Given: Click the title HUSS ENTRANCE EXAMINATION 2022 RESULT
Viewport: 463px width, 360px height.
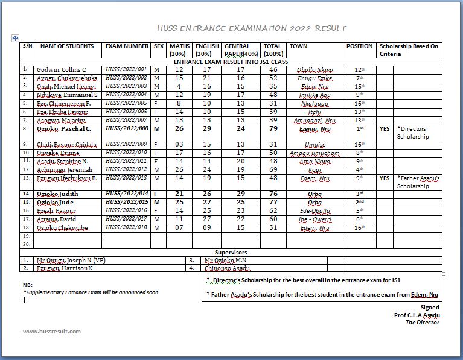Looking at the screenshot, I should pyautogui.click(x=251, y=28).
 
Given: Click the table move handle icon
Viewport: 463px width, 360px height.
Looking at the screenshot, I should pyautogui.click(x=16, y=38).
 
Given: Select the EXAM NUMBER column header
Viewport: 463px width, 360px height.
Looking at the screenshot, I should pyautogui.click(x=127, y=46).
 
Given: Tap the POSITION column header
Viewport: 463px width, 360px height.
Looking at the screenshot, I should pyautogui.click(x=359, y=46).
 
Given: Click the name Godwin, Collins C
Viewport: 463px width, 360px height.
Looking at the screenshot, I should pyautogui.click(x=61, y=70).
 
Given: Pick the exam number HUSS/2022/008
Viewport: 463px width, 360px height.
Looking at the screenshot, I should pyautogui.click(x=126, y=128).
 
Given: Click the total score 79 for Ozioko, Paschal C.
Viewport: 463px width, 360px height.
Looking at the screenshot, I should pyautogui.click(x=273, y=128).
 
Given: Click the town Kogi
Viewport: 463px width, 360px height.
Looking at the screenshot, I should pyautogui.click(x=315, y=169).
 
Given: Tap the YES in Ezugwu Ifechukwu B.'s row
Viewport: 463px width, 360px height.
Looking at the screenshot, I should pyautogui.click(x=385, y=178).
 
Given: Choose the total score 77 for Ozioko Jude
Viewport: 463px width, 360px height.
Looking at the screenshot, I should pyautogui.click(x=273, y=202).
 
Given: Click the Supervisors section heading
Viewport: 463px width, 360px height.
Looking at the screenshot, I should pyautogui.click(x=231, y=252).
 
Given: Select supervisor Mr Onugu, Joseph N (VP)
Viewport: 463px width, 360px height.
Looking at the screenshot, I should pyautogui.click(x=69, y=260).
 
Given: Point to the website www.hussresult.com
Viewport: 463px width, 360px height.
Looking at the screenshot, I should pyautogui.click(x=51, y=332).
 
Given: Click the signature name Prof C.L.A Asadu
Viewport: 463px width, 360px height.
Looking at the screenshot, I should pyautogui.click(x=417, y=315).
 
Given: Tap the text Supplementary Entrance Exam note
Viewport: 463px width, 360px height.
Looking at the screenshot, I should pyautogui.click(x=91, y=292).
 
